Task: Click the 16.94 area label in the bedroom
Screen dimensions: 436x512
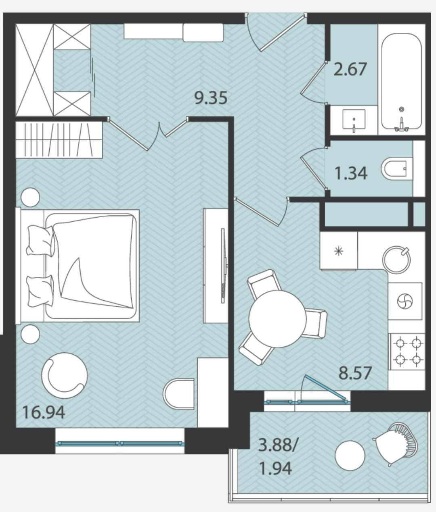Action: click(44, 413)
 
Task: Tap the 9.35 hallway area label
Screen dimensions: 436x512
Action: click(211, 98)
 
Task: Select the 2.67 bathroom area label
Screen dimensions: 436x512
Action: click(350, 69)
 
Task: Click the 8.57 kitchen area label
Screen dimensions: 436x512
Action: click(355, 373)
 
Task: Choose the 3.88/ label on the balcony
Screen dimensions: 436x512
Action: click(277, 445)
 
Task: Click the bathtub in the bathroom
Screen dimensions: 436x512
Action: click(401, 81)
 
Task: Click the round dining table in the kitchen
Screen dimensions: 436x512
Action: click(277, 319)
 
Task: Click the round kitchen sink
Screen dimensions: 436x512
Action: click(396, 260)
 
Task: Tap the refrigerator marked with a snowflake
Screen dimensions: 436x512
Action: click(339, 251)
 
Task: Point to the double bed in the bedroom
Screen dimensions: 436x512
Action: click(78, 266)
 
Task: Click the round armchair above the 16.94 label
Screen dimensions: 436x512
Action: click(65, 376)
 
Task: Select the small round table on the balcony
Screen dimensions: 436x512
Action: click(350, 455)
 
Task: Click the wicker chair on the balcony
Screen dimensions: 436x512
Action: click(395, 444)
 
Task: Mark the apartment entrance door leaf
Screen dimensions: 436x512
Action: click(282, 33)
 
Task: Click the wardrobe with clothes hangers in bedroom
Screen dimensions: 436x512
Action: click(59, 140)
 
